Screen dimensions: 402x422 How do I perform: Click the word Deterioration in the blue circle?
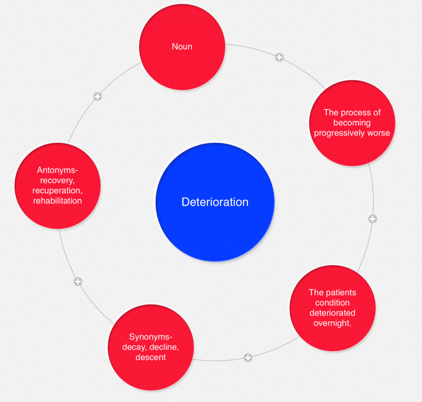pos(215,202)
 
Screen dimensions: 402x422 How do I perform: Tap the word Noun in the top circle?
pos(182,47)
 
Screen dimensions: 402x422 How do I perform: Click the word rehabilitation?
pos(57,201)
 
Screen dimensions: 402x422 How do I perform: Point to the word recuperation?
pos(57,190)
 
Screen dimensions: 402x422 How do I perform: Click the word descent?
pos(150,357)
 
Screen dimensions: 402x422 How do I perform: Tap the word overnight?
pos(332,323)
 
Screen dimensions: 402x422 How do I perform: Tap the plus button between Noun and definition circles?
pos(279,57)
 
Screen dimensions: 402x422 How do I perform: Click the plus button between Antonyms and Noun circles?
pos(97,97)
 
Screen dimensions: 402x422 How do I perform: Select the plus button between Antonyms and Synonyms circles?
pos(78,282)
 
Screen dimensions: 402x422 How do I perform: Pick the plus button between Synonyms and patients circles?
pos(248,357)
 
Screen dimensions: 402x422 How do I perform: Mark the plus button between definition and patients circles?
pos(373,219)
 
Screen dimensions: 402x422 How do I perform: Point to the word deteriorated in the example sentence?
pos(332,313)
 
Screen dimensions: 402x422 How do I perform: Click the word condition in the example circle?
pos(332,303)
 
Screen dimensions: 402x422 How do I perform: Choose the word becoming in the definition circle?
pos(352,123)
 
